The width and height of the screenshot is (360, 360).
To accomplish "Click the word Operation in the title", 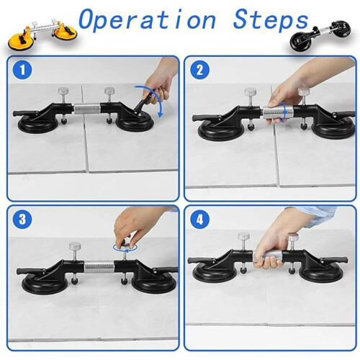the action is tap(147, 20).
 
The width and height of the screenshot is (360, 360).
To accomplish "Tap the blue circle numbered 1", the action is tap(22, 70).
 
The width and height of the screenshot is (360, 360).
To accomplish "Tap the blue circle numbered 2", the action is tap(199, 70).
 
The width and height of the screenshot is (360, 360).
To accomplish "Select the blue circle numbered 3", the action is tap(22, 220).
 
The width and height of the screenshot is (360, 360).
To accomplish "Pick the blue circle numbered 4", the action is tap(199, 220).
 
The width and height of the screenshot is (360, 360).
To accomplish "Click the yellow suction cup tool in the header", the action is tap(42, 35).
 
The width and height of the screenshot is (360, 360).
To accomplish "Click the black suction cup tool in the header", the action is tap(320, 36).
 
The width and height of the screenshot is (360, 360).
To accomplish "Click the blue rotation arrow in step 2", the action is tap(283, 113).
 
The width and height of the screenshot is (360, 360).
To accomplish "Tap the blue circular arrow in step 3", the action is tap(125, 248).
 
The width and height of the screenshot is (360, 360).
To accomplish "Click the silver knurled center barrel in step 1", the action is tap(87, 109).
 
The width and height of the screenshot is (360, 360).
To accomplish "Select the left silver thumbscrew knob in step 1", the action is tap(63, 91).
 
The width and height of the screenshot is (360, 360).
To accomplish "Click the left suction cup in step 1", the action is tap(38, 125).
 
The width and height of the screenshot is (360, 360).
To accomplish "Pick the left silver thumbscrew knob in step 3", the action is tap(75, 246).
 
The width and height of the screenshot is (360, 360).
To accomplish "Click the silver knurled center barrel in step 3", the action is tap(99, 266).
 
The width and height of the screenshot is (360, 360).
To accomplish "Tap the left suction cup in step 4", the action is tap(213, 274).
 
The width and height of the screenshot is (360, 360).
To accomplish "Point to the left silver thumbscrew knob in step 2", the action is tap(250, 92).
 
